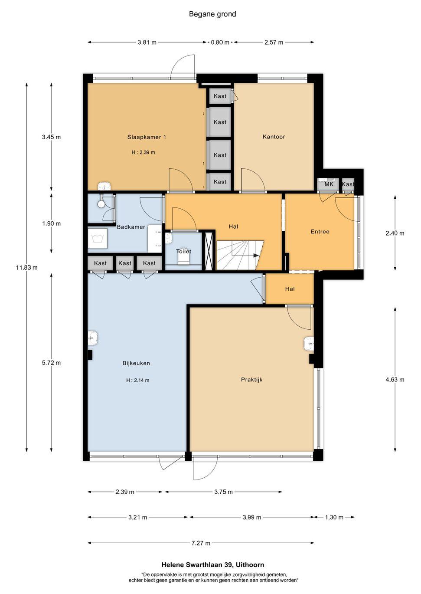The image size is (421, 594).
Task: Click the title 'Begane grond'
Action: pyautogui.click(x=212, y=14)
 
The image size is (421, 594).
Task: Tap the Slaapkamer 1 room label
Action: pyautogui.click(x=147, y=137)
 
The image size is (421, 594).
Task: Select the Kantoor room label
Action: pyautogui.click(x=274, y=137)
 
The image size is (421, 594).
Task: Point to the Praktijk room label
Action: pyautogui.click(x=252, y=380)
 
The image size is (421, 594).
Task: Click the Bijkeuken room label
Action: pyautogui.click(x=136, y=363)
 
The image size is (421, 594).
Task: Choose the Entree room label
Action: pyautogui.click(x=320, y=232)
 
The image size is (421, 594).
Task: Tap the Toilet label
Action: pyautogui.click(x=183, y=251)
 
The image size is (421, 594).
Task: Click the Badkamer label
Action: pyautogui.click(x=131, y=227)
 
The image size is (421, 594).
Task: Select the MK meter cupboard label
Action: pyautogui.click(x=329, y=184)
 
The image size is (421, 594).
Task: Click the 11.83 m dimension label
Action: pyautogui.click(x=26, y=268)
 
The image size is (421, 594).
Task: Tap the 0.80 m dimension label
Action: pyautogui.click(x=220, y=42)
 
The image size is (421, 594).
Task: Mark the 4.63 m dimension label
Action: pyautogui.click(x=395, y=380)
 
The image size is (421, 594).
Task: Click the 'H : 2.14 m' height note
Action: pyautogui.click(x=137, y=380)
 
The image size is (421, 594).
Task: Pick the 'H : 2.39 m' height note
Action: pyautogui.click(x=143, y=152)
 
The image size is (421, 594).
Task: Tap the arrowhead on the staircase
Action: pyautogui.click(x=256, y=256)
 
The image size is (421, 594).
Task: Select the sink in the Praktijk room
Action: pyautogui.click(x=309, y=344)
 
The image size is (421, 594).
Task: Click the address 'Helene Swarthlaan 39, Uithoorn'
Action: pyautogui.click(x=213, y=565)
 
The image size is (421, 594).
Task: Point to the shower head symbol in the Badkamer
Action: pyautogui.click(x=101, y=203)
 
